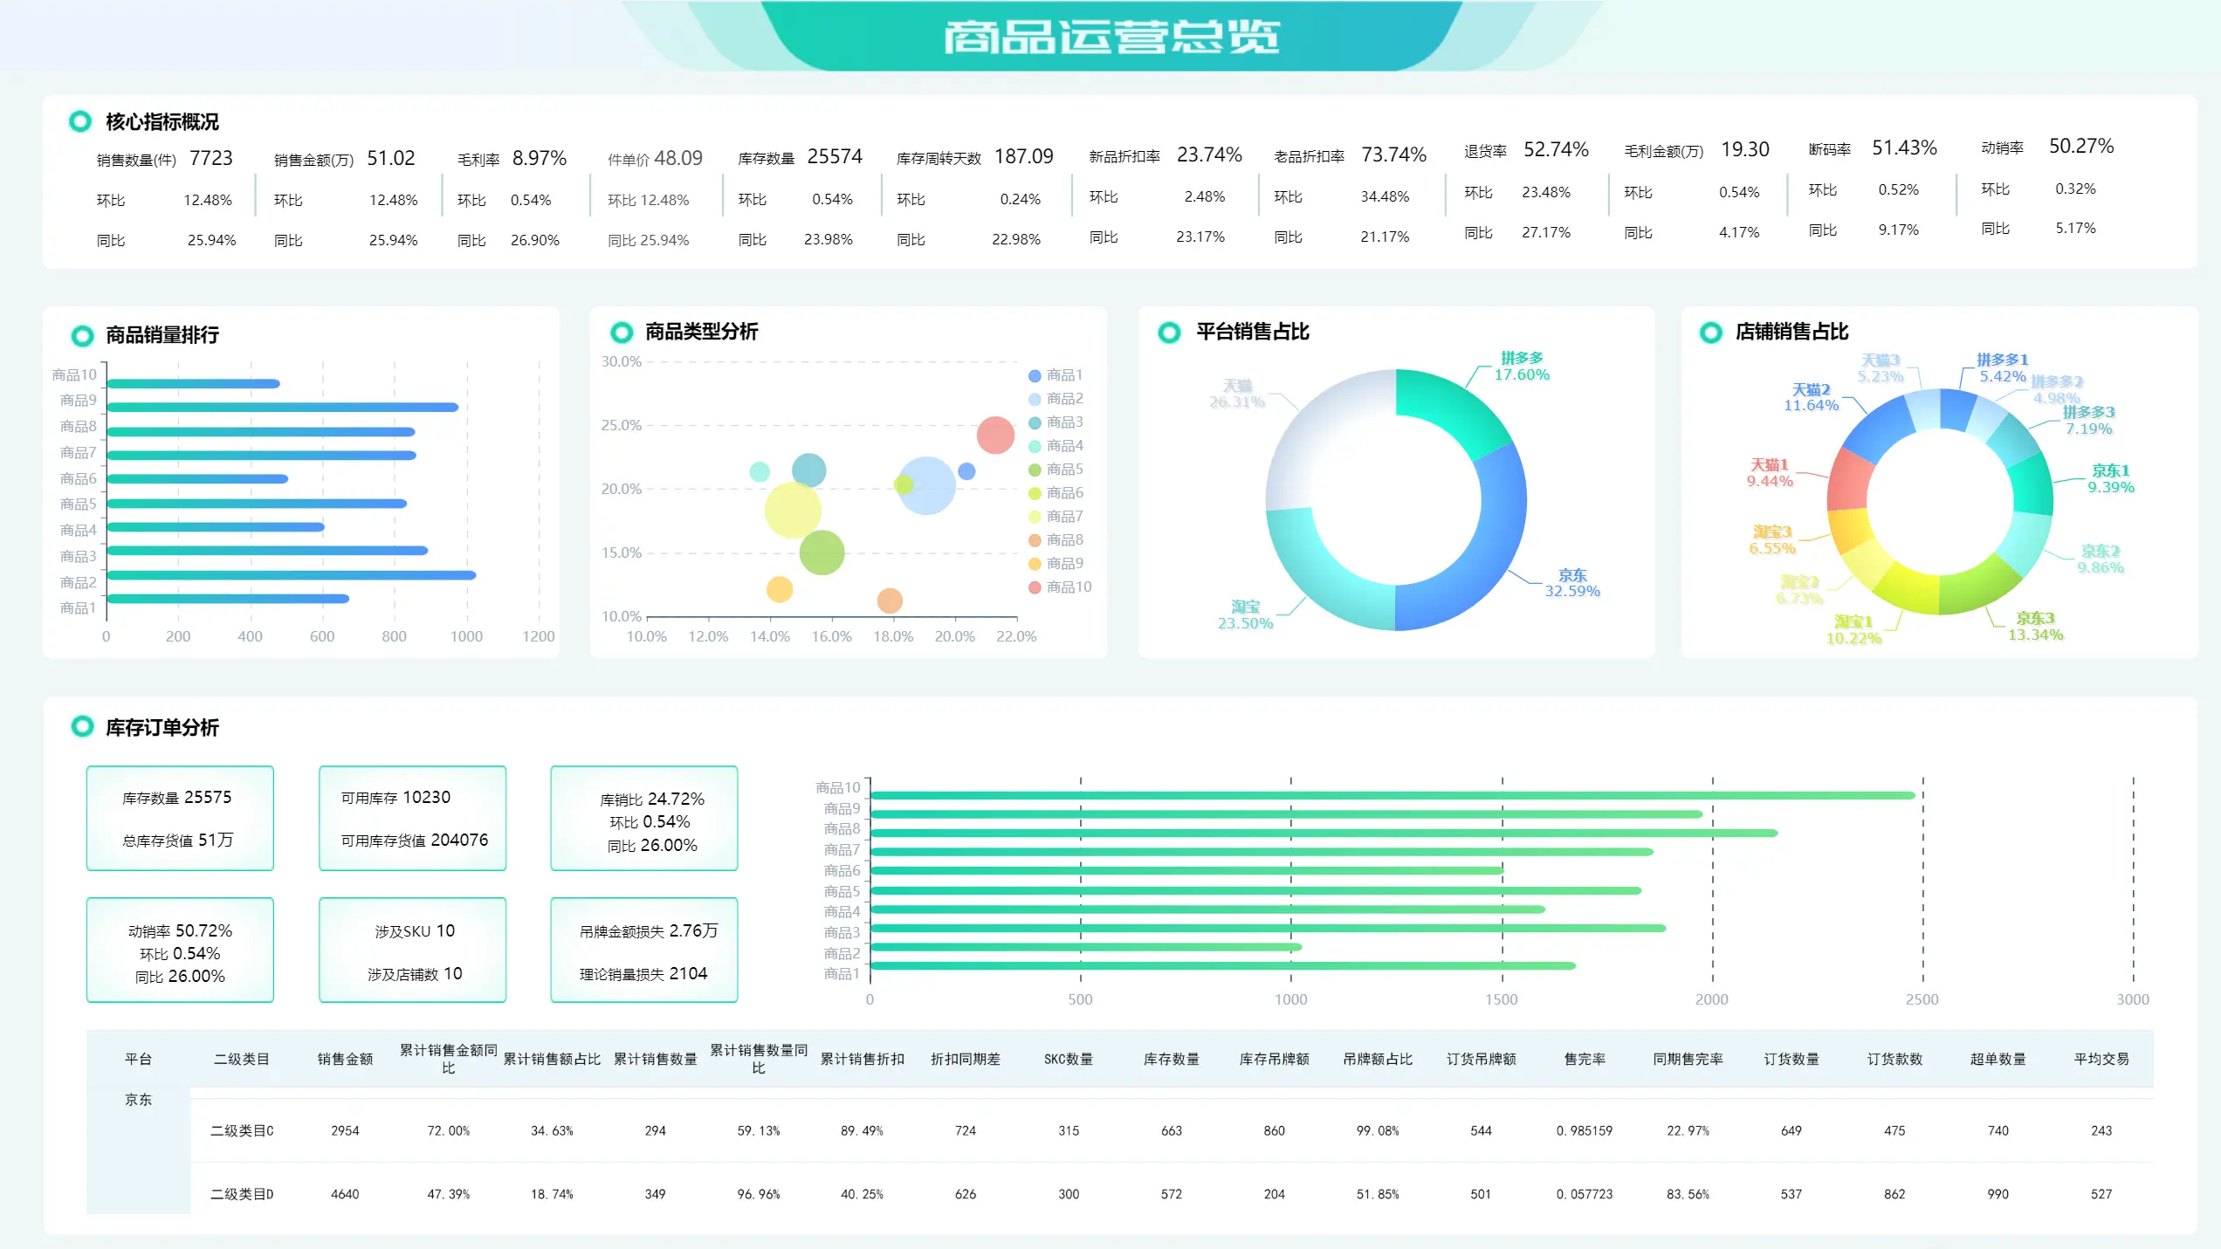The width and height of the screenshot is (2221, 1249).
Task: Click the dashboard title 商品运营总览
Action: click(x=1110, y=37)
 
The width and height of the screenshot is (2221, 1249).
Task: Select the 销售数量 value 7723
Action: click(x=211, y=158)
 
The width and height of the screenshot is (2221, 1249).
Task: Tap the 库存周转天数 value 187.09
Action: click(x=1023, y=156)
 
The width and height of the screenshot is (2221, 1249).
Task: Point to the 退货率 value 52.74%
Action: click(x=1556, y=149)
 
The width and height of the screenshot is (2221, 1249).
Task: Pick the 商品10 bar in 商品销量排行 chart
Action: click(x=193, y=383)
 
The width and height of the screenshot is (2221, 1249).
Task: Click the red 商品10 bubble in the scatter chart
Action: click(x=995, y=435)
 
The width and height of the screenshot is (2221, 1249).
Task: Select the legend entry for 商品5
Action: click(x=1064, y=470)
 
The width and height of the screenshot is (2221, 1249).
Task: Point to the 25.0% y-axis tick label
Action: click(x=621, y=425)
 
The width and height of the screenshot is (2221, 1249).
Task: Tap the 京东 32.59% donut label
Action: click(x=1572, y=583)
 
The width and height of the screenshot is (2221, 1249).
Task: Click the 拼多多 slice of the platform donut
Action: click(x=1449, y=410)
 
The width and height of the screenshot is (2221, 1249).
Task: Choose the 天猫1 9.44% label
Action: click(x=1770, y=473)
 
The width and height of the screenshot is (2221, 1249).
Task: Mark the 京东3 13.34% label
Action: click(x=2035, y=626)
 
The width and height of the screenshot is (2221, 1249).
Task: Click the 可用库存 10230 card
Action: click(x=412, y=818)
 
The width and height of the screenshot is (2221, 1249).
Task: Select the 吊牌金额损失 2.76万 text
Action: click(x=648, y=931)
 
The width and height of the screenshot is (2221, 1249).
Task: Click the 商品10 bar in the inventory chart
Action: click(x=1392, y=795)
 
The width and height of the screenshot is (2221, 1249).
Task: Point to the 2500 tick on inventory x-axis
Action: click(x=1922, y=999)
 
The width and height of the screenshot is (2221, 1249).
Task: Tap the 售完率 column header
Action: click(x=1585, y=1059)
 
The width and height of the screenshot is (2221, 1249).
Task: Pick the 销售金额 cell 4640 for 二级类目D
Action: click(x=345, y=1194)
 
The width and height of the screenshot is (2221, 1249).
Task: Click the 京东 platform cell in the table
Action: click(x=138, y=1100)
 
